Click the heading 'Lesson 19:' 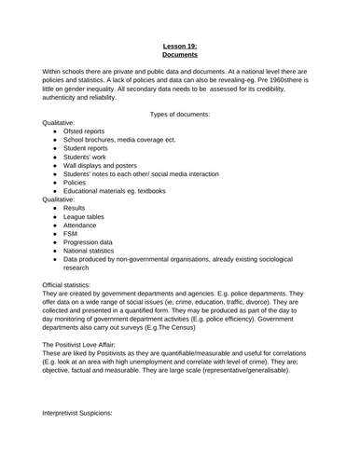[180, 45]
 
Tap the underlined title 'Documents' [180, 55]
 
